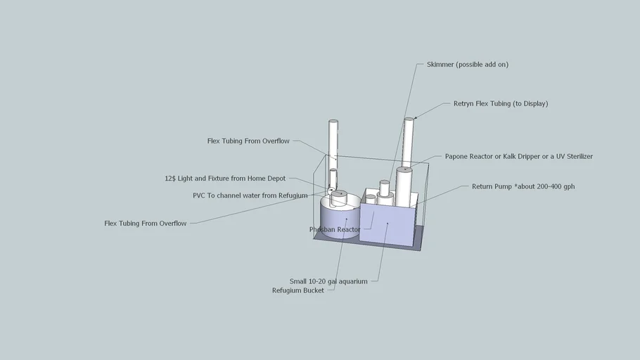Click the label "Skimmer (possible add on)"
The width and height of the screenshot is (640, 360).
467,65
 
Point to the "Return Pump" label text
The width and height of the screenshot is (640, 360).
523,187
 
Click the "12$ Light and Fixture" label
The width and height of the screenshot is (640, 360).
225,179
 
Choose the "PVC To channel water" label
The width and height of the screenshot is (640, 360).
250,195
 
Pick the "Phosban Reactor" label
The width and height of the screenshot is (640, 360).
335,229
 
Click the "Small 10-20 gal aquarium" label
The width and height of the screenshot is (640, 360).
328,281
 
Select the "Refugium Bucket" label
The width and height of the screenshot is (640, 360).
298,290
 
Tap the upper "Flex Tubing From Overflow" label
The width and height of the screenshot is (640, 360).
248,141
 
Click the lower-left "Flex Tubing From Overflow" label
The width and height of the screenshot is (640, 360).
146,224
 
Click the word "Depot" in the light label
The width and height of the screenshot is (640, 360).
275,179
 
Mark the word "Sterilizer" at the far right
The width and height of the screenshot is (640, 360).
575,156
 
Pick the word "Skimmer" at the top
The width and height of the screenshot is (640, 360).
440,65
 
